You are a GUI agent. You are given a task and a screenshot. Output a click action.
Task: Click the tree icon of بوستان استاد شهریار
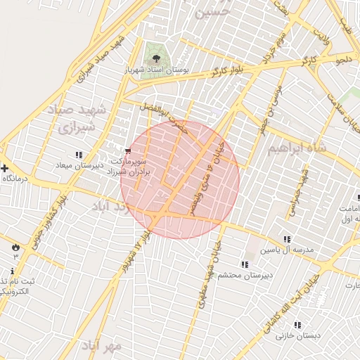(x=155, y=58)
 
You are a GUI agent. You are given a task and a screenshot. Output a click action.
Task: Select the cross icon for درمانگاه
(x=5, y=168)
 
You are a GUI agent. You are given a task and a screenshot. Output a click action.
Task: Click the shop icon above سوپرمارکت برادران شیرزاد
(x=127, y=150)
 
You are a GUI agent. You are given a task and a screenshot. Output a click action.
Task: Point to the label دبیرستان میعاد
(x=79, y=165)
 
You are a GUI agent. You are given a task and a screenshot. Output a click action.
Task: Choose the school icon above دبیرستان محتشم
(x=244, y=264)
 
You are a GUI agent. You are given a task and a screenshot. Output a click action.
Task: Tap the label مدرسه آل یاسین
(x=286, y=250)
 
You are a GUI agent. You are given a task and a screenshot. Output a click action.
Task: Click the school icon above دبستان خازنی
(x=297, y=325)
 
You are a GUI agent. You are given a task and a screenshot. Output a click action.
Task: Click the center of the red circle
(x=180, y=179)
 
